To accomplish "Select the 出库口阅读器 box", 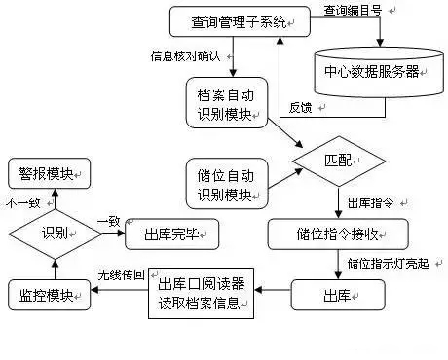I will pyautogui.click(x=204, y=292).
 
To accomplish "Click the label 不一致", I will pyautogui.click(x=22, y=203).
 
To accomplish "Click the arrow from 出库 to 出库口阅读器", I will pyautogui.click(x=274, y=291).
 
